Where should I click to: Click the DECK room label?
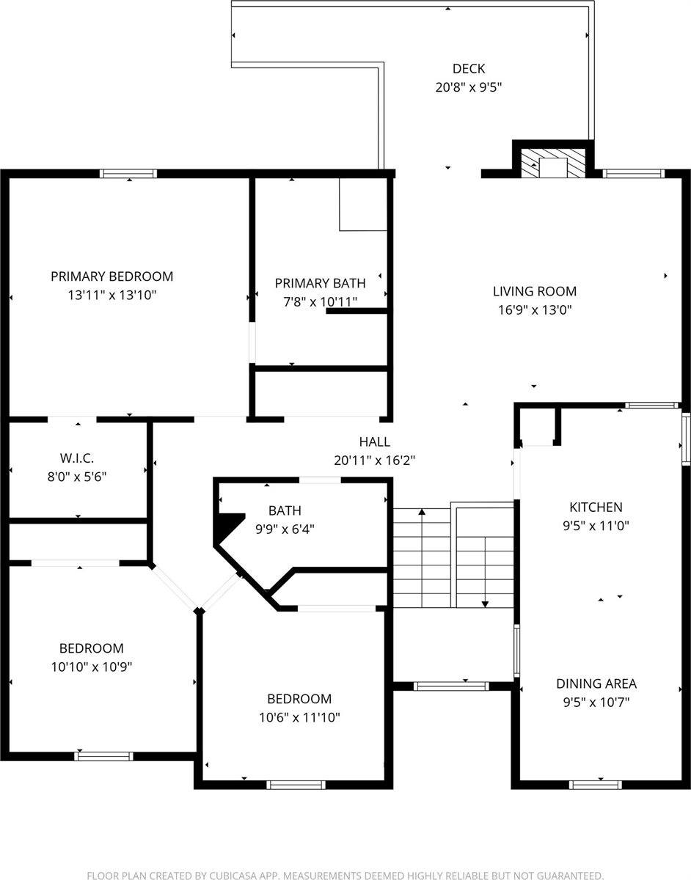468,69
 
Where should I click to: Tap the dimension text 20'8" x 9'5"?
468,87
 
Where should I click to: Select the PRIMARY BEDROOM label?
111,276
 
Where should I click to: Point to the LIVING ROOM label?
534,291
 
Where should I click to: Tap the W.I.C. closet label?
76,458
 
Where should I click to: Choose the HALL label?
374,442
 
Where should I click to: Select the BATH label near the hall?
285,510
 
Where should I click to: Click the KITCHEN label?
596,507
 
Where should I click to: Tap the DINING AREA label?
596,683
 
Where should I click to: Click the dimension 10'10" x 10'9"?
91,667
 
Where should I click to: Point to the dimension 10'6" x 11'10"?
299,717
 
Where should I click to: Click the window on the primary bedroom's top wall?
128,174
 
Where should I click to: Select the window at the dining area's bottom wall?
596,785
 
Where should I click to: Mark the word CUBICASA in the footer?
228,875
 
